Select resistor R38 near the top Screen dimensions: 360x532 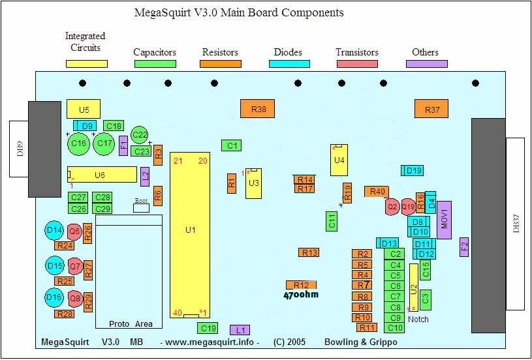click(x=258, y=109)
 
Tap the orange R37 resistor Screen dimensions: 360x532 click(x=431, y=109)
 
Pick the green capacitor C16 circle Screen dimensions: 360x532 click(x=79, y=143)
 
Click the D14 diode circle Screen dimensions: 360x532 click(x=55, y=230)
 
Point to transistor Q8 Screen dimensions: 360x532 click(x=75, y=298)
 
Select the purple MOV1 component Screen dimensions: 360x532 click(x=444, y=220)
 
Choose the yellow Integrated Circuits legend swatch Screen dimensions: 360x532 click(x=86, y=64)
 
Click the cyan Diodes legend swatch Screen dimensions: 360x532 click(x=289, y=64)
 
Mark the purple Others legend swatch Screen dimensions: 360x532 click(x=426, y=64)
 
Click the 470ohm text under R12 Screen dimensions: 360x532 click(x=301, y=295)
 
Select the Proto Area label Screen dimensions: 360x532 click(x=131, y=323)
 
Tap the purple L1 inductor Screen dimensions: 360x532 click(x=240, y=330)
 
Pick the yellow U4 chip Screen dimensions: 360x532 click(x=338, y=160)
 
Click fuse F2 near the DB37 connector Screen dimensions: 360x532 click(x=465, y=247)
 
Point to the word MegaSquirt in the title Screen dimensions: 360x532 click(x=163, y=12)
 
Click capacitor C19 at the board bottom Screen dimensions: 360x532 click(x=208, y=328)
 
